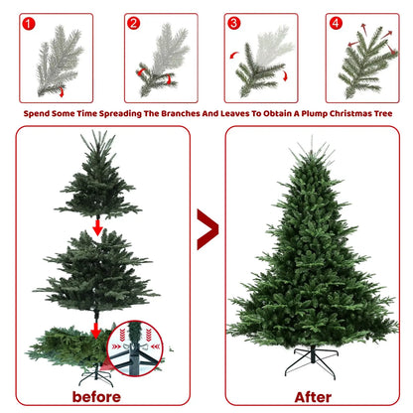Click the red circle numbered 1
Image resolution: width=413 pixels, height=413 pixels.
(29, 24)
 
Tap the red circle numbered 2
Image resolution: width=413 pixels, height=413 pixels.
(134, 23)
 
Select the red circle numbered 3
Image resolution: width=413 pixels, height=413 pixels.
(234, 23)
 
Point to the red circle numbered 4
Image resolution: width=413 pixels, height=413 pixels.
(336, 23)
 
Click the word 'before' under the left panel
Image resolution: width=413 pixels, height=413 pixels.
(96, 397)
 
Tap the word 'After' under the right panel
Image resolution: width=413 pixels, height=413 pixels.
(313, 397)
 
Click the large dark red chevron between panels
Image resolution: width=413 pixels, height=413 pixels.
(207, 229)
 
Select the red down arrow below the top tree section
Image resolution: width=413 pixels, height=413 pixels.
(97, 227)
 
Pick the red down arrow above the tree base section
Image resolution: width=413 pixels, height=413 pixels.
(96, 331)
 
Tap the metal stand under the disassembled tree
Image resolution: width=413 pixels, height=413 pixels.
(95, 375)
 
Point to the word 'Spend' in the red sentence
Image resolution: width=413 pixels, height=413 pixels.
(36, 114)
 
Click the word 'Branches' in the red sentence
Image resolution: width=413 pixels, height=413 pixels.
(181, 113)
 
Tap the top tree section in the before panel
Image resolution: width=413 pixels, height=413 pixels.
(98, 175)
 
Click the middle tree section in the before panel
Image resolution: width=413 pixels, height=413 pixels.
(96, 271)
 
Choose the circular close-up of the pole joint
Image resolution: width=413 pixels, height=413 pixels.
(135, 348)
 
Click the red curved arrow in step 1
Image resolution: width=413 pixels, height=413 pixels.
(62, 92)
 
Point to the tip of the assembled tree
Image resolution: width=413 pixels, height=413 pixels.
(312, 136)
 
